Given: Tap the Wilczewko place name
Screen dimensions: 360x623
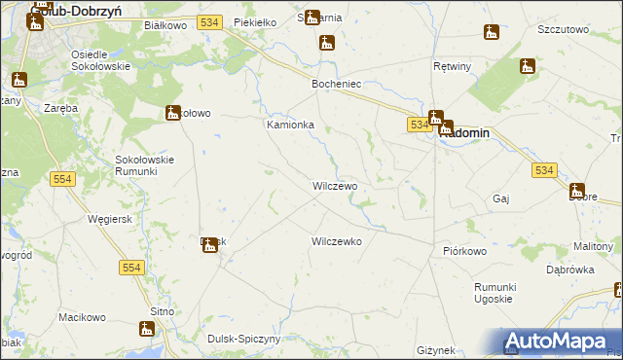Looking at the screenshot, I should [x=337, y=240].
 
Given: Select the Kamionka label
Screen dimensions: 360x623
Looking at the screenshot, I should [x=290, y=126].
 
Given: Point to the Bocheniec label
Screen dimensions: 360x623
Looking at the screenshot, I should [x=336, y=85].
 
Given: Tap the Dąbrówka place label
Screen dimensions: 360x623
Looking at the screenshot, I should [x=569, y=270].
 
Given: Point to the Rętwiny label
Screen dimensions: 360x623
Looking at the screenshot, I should [x=452, y=67].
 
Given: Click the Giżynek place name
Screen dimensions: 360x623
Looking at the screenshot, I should [x=435, y=349].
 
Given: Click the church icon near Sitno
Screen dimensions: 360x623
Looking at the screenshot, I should [x=149, y=330].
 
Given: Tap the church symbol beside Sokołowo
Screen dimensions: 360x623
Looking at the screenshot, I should [x=173, y=112].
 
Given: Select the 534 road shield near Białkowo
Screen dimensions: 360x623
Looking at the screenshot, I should [x=207, y=20].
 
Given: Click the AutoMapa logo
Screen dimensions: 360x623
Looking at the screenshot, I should [x=562, y=342].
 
